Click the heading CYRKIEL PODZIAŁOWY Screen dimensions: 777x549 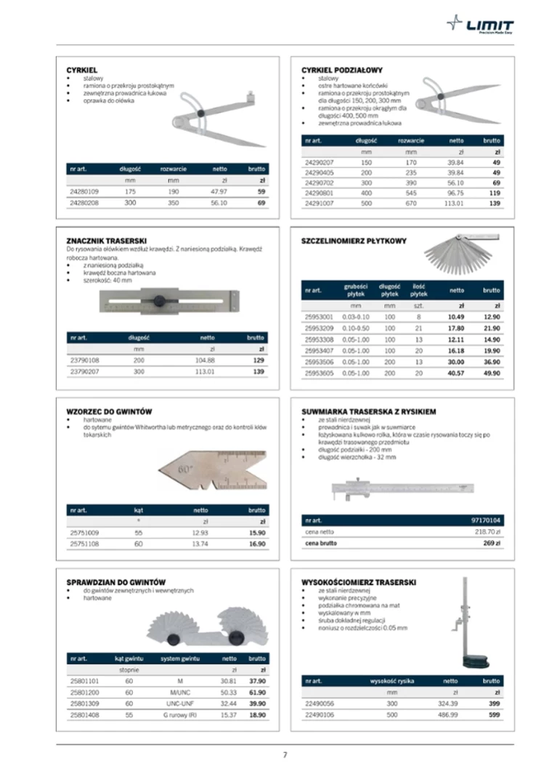coord(341,70)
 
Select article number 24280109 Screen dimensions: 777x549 coord(84,192)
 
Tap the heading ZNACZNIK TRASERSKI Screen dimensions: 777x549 coord(107,240)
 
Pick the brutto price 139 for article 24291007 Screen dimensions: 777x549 coord(495,204)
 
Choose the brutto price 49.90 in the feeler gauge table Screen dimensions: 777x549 coord(492,373)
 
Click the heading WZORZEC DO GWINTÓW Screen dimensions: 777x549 coord(109,412)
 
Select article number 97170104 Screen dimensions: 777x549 coord(485,520)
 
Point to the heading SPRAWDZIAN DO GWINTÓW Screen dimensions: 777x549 coord(116,582)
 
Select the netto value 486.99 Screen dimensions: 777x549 coord(447,715)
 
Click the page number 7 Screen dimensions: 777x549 coord(285,754)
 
